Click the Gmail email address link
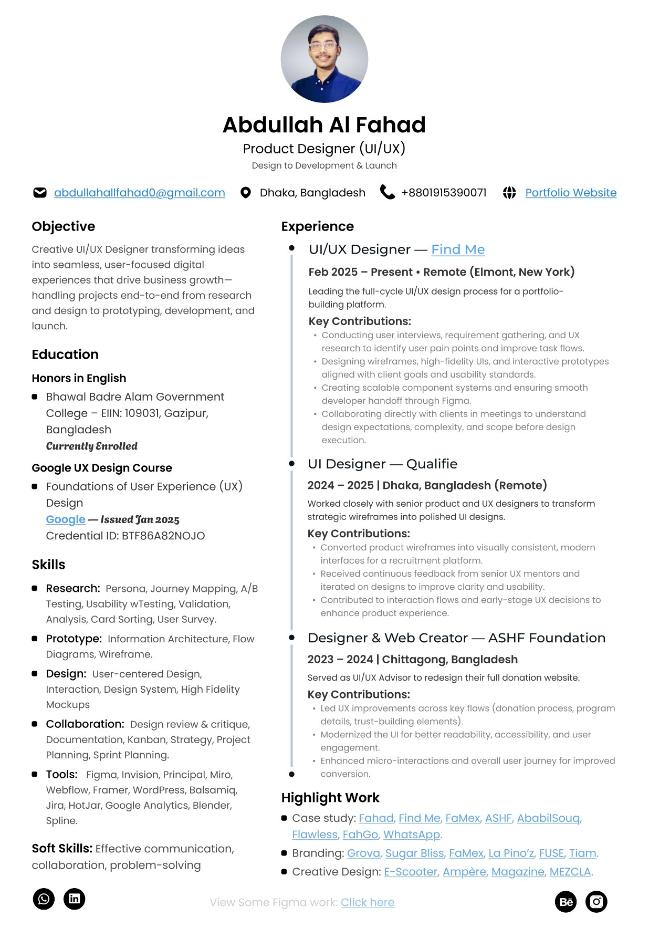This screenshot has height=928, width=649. pyautogui.click(x=139, y=193)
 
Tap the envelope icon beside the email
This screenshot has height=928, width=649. pyautogui.click(x=40, y=193)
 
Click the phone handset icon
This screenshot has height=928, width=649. pyautogui.click(x=387, y=192)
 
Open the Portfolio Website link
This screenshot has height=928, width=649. pyautogui.click(x=571, y=193)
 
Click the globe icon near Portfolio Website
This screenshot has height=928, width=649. pyautogui.click(x=509, y=193)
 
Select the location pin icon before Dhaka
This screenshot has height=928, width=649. pyautogui.click(x=245, y=193)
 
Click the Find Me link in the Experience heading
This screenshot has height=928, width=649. pyautogui.click(x=458, y=249)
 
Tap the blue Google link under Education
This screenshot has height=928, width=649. pyautogui.click(x=66, y=519)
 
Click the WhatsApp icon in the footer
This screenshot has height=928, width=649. pyautogui.click(x=44, y=899)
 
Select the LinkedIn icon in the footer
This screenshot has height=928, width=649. pyautogui.click(x=74, y=899)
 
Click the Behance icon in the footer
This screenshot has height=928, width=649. pyautogui.click(x=566, y=902)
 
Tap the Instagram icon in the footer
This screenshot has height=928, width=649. pyautogui.click(x=596, y=902)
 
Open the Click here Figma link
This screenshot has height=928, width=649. pyautogui.click(x=368, y=902)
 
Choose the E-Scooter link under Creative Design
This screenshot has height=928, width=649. pyautogui.click(x=411, y=872)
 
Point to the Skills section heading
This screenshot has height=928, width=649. pyautogui.click(x=49, y=565)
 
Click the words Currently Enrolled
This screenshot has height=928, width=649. pyautogui.click(x=92, y=446)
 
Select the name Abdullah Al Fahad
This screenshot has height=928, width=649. pyautogui.click(x=324, y=125)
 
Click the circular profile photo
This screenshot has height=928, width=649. pyautogui.click(x=324, y=59)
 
